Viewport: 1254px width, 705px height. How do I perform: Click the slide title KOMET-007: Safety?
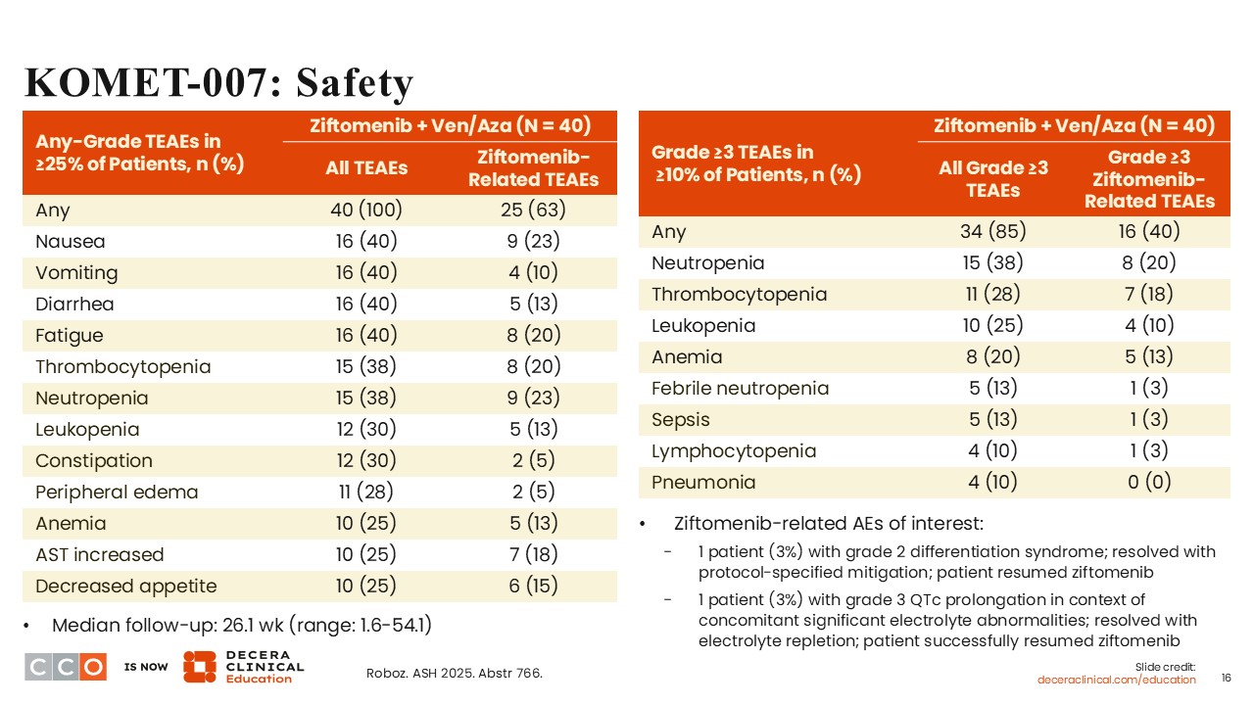pos(218,83)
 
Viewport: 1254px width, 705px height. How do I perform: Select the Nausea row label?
pos(70,241)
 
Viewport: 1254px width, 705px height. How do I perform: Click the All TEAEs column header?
pos(366,167)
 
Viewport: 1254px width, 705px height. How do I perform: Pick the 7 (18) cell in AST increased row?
pos(533,554)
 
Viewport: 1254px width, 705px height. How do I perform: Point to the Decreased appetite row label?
pos(125,586)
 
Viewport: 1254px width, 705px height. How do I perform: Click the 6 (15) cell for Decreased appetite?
pos(533,586)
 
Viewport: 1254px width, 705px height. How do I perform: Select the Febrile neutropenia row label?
pos(740,388)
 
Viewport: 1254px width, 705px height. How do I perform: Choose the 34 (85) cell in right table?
pos(991,231)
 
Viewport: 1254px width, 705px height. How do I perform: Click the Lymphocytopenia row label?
pos(733,450)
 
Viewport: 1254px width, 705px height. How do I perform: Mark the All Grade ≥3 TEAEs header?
pos(992,178)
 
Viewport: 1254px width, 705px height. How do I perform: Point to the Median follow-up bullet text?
pos(241,625)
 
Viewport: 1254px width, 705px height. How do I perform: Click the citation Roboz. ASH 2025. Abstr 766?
pos(454,673)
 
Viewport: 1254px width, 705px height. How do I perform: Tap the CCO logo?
pos(65,667)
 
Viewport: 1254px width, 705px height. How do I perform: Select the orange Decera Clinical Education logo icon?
pos(200,666)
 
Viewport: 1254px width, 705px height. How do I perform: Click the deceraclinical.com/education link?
pos(1117,680)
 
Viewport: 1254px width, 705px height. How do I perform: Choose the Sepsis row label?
pos(681,419)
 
